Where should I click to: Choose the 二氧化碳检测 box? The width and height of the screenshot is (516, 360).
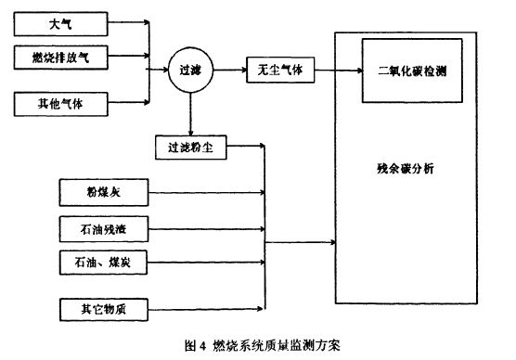[414, 71]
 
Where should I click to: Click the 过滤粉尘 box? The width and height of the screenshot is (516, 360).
[191, 147]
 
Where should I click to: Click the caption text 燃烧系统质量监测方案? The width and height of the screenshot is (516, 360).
[276, 345]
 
